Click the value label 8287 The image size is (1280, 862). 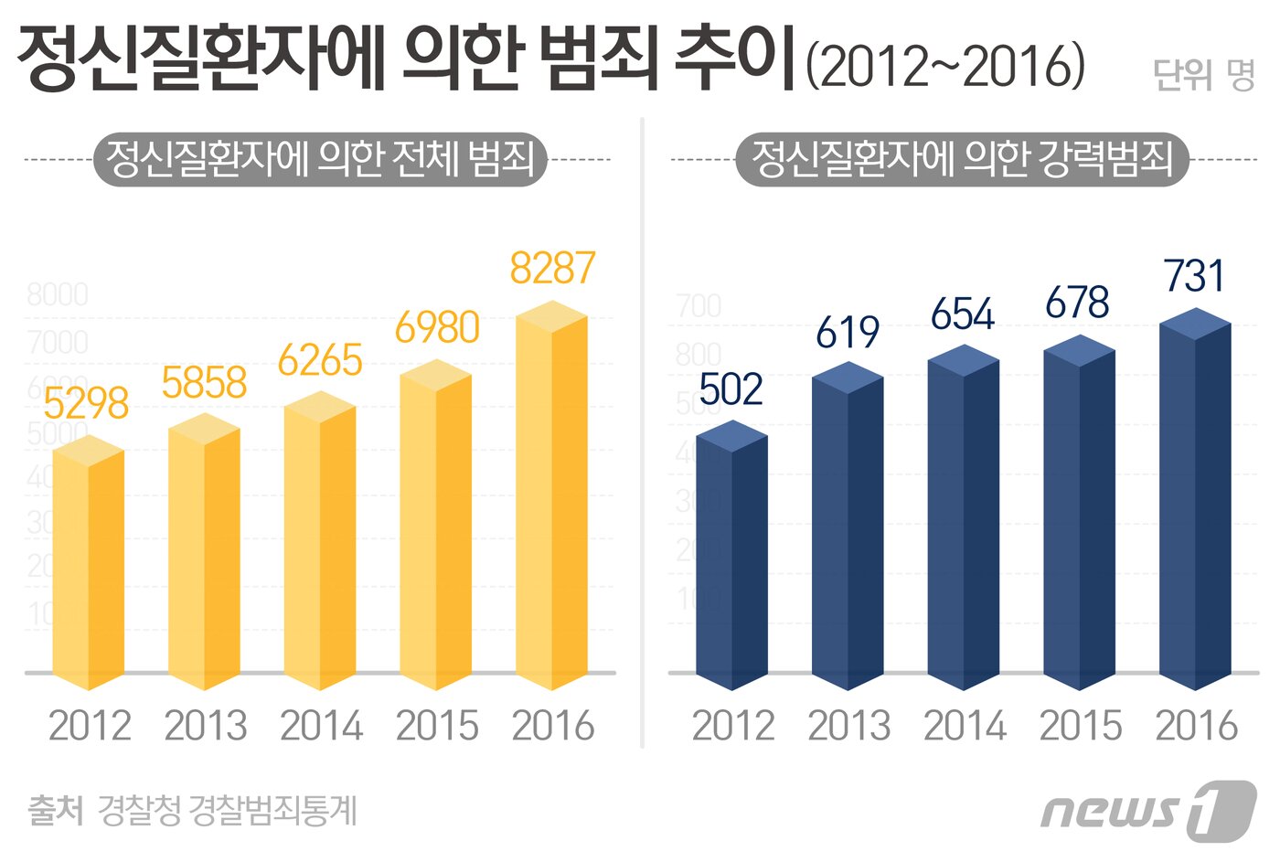coord(552,269)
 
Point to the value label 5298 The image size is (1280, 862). coord(86,404)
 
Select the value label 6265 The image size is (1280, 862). coord(320,361)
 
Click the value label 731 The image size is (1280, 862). coord(1194,276)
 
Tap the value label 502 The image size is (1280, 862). coord(731,390)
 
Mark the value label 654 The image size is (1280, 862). coord(963,315)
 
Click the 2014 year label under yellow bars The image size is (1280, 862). coord(321,727)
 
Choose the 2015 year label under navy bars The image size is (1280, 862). coord(1080,727)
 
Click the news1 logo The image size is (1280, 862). coord(1147,810)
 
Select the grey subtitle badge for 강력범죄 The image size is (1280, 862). coord(962,160)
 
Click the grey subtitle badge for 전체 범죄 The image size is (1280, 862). coord(320,160)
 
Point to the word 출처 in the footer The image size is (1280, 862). coord(56,810)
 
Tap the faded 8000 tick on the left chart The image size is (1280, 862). coord(58,295)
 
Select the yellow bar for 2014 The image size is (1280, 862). coord(320,539)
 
